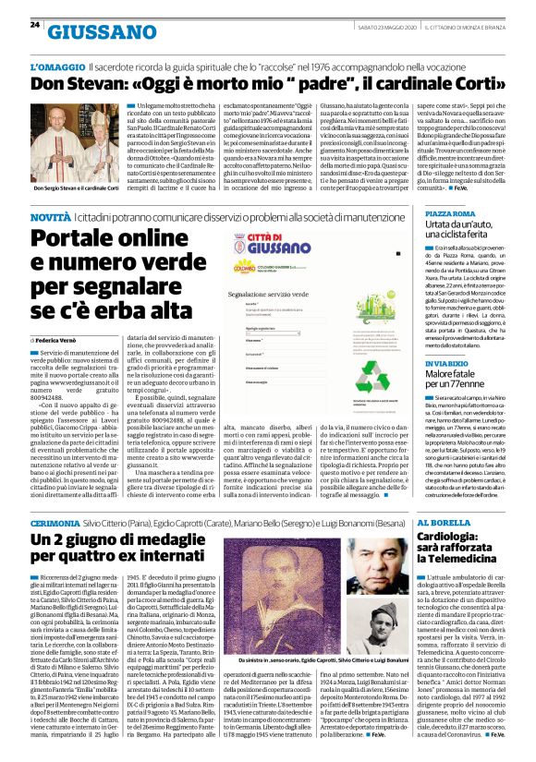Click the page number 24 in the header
click(35, 24)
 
